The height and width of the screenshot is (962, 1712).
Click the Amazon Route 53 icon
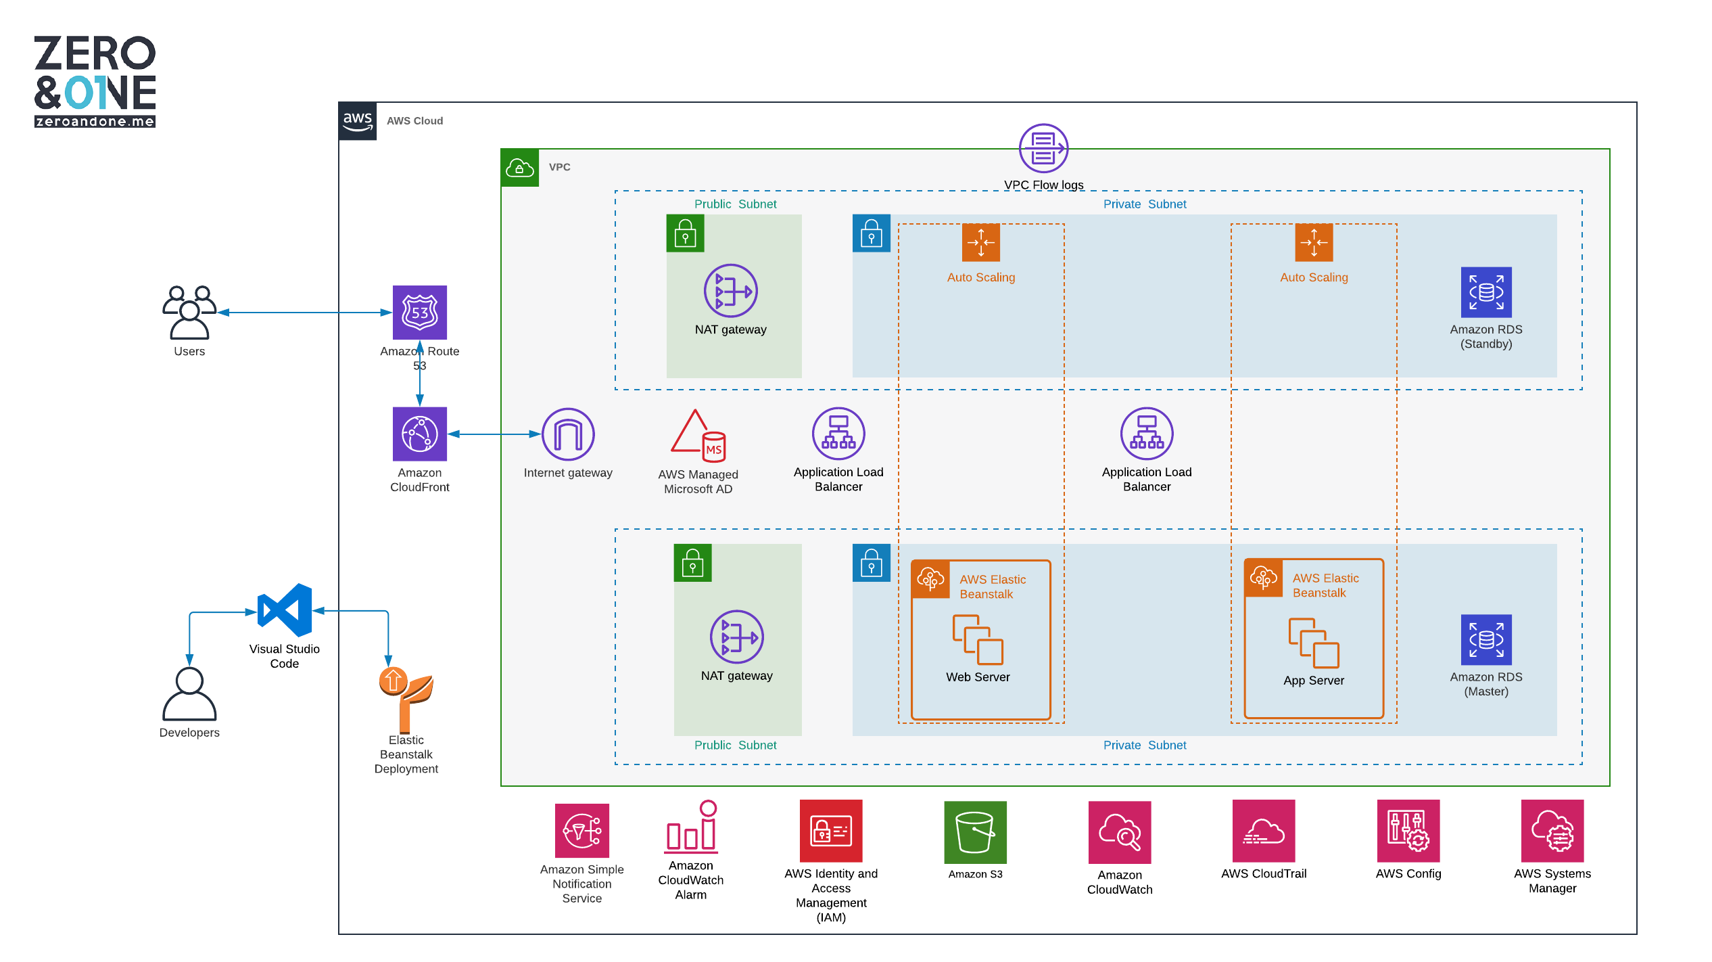tap(419, 312)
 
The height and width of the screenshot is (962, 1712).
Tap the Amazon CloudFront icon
tap(419, 434)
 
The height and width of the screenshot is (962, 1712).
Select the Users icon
tap(189, 312)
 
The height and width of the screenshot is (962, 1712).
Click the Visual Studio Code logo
tap(285, 610)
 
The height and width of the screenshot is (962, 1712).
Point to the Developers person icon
tap(189, 694)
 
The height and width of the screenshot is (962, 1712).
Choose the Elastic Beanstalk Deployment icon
tap(406, 700)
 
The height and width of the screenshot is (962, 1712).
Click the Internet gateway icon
tap(568, 434)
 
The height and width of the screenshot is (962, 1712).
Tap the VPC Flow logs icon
tap(1043, 148)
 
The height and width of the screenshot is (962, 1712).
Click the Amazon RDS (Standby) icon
tap(1485, 292)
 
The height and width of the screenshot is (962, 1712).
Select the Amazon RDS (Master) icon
tap(1485, 639)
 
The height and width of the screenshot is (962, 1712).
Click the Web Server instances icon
tap(978, 639)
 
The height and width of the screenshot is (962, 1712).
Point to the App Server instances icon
tap(1313, 643)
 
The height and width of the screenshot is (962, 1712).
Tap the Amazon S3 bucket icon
tap(975, 832)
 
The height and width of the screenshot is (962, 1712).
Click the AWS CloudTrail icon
tap(1263, 831)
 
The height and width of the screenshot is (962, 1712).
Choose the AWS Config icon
tap(1408, 831)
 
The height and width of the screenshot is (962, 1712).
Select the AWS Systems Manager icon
tap(1552, 831)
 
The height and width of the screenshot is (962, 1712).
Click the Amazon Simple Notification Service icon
tap(581, 831)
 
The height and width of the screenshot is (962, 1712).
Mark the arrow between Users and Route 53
tap(304, 313)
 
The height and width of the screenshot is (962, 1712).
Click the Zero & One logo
tap(95, 81)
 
